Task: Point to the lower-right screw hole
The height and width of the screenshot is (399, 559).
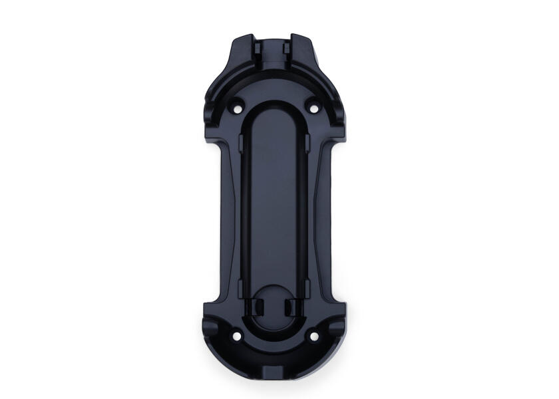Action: click(x=313, y=336)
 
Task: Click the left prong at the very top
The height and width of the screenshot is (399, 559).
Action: click(x=256, y=38)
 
